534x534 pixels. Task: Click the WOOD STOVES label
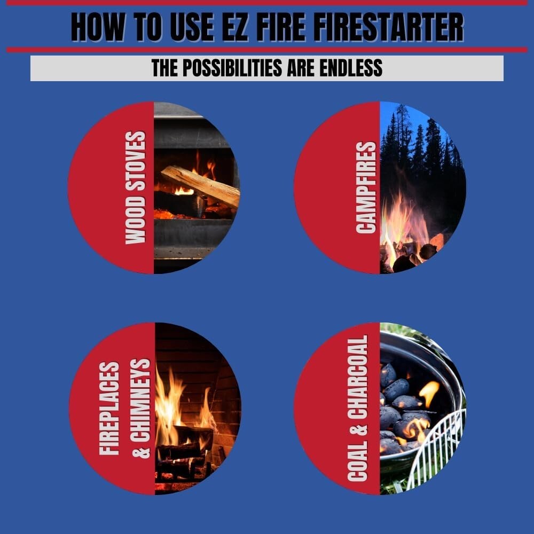136,188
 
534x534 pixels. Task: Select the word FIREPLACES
109,409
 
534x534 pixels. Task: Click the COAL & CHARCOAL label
357,409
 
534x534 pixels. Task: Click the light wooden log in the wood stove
200,184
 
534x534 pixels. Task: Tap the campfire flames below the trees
406,224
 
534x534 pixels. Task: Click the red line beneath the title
267,50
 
